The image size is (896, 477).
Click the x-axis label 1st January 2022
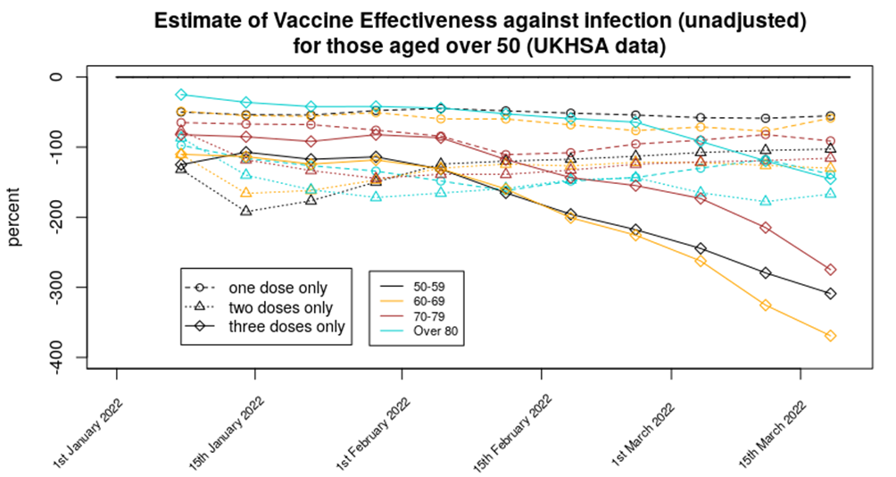click(90, 430)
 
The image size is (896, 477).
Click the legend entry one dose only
click(278, 288)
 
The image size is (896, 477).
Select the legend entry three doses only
click(286, 327)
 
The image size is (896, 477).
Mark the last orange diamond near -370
click(830, 336)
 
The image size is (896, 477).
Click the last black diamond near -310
click(830, 294)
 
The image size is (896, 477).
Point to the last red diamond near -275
click(830, 270)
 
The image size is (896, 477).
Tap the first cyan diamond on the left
click(181, 95)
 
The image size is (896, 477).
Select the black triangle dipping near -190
click(246, 211)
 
